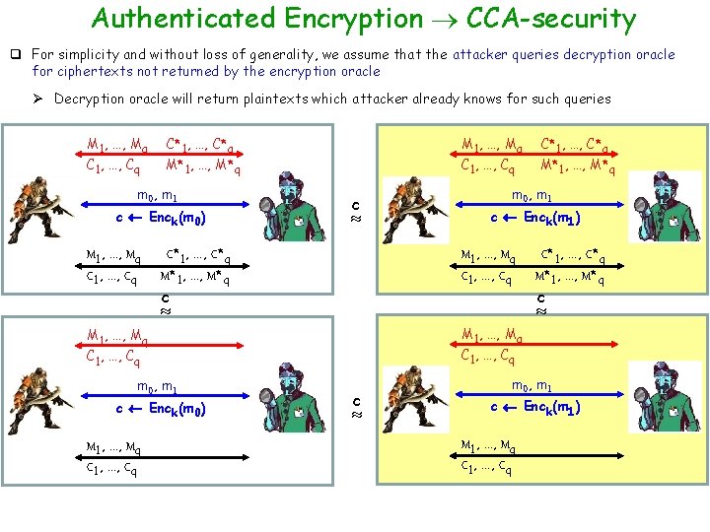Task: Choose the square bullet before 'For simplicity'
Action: coord(17,55)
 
